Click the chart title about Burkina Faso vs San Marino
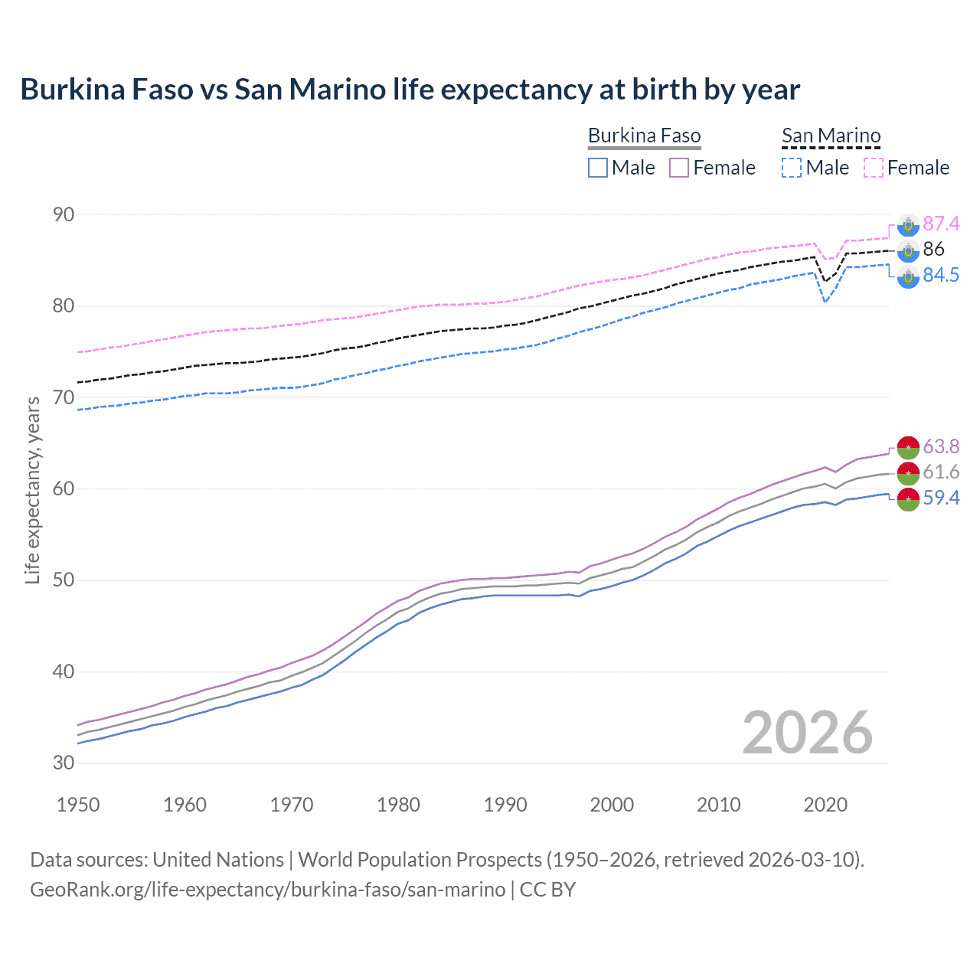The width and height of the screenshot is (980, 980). tap(410, 90)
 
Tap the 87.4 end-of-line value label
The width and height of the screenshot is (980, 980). tap(941, 224)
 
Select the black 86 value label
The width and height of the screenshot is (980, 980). tap(933, 249)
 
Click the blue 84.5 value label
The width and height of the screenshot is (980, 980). tap(941, 275)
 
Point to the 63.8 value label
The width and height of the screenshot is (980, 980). tap(941, 446)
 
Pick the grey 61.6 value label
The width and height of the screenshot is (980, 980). tap(941, 472)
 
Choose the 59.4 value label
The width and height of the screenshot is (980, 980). tap(941, 498)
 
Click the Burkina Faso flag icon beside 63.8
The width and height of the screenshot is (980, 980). tap(908, 447)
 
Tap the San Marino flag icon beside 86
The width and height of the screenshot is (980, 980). tap(908, 250)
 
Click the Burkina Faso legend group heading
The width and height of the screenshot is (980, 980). tap(644, 136)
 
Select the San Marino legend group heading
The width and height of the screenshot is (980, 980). tap(831, 136)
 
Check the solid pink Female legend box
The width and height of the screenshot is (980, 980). tap(680, 168)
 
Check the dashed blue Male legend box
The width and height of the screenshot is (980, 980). tap(792, 168)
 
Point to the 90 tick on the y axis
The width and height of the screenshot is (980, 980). tap(64, 214)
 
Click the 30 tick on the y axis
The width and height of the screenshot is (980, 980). tap(64, 763)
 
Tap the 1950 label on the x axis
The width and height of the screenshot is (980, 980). tap(78, 805)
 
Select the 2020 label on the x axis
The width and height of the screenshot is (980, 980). tap(825, 805)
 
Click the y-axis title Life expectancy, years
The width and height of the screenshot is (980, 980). tap(33, 490)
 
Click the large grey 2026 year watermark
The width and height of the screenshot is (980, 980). tap(807, 733)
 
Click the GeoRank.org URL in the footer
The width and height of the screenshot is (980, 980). tap(267, 890)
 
